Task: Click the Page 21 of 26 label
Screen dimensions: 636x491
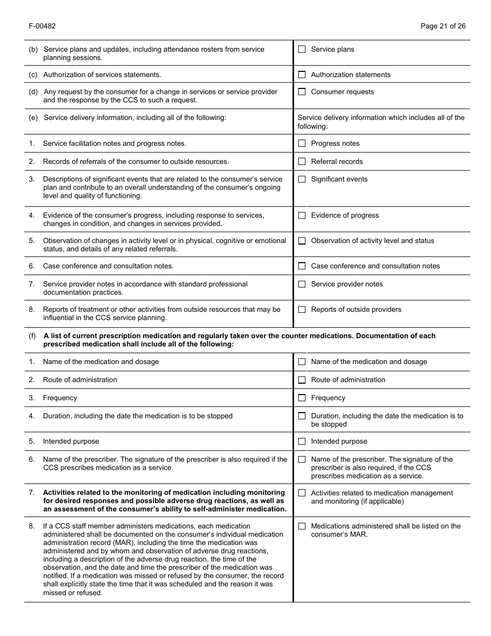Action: pos(443,26)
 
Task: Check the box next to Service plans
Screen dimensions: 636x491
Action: pos(302,50)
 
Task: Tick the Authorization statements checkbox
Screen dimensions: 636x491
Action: pos(302,75)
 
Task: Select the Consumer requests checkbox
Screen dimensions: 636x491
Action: pos(302,92)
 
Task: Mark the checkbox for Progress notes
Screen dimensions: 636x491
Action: pos(302,144)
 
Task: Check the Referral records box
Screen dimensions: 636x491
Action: pos(302,162)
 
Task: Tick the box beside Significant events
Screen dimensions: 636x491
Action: pos(302,179)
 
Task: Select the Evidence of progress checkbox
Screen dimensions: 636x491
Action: pos(302,216)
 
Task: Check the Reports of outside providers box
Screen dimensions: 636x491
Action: pos(302,310)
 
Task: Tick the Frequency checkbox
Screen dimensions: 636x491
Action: pos(302,398)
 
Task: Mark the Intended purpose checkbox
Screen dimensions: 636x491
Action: pos(302,442)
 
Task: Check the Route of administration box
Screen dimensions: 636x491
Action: pos(302,380)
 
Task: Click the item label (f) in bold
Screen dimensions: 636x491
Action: pos(33,336)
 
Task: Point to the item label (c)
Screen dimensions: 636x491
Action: pos(33,75)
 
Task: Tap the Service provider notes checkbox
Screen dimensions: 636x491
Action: pos(302,284)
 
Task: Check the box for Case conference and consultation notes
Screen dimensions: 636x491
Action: pos(302,266)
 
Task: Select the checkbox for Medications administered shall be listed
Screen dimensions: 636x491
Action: pos(302,526)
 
